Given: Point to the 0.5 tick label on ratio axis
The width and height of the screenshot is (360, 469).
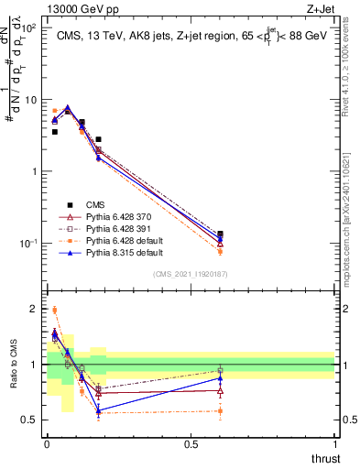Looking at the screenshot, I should point(31,420).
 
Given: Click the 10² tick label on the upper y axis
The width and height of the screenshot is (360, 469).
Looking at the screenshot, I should point(29,27).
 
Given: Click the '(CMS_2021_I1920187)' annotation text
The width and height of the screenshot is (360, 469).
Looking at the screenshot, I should point(190,274).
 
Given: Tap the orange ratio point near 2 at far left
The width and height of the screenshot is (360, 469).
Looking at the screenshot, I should point(54,310).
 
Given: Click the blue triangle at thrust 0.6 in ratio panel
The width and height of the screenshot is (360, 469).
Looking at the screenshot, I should point(220,378).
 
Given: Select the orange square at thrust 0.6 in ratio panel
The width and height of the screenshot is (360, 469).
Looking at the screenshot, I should point(220,410).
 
